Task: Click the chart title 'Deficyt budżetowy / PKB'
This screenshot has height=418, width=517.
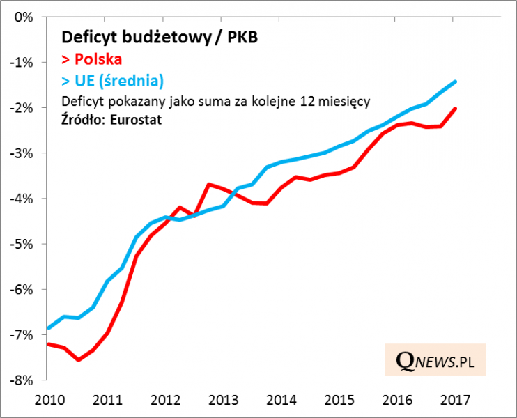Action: [160, 37]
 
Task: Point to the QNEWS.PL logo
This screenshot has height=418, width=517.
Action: [435, 360]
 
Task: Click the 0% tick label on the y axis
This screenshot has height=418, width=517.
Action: [24, 17]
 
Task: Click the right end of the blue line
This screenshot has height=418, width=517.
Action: [456, 82]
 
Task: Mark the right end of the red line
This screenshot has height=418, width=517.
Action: [456, 108]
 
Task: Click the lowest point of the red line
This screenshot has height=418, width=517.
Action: [78, 359]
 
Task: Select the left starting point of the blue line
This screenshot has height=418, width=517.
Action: [48, 328]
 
